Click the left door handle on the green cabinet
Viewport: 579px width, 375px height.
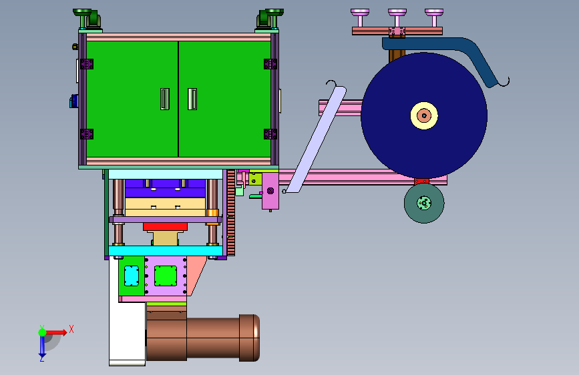165,99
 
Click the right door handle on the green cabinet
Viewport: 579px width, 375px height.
192,99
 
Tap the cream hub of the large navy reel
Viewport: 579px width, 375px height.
424,116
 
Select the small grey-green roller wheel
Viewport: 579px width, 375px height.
424,203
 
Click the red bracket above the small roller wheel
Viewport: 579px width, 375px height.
421,181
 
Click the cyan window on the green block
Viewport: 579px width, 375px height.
132,276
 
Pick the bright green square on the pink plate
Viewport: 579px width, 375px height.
166,276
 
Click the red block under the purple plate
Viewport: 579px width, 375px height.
165,227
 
